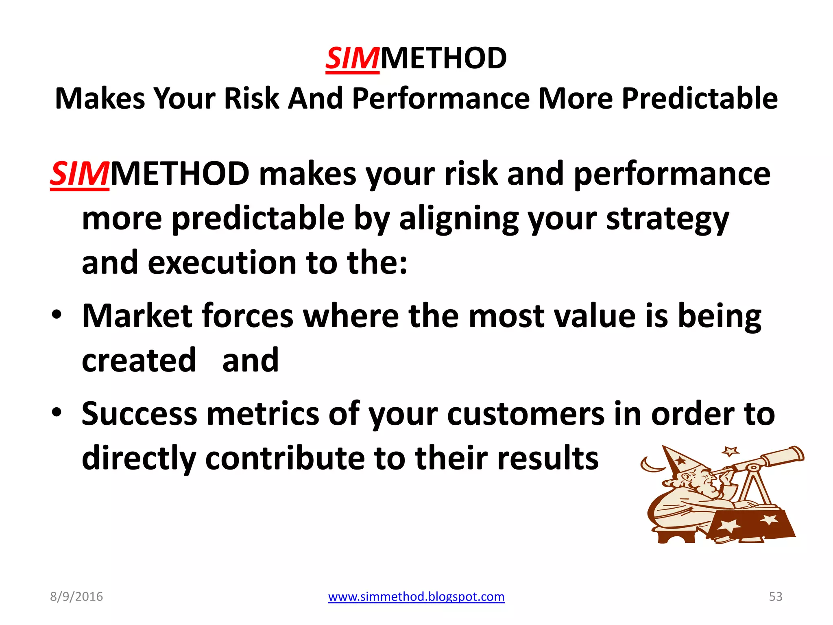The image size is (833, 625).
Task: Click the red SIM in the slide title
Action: tap(352, 59)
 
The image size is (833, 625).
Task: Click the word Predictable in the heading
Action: tap(700, 98)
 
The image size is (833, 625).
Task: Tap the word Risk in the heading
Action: tap(251, 98)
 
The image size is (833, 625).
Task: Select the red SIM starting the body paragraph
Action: tap(79, 174)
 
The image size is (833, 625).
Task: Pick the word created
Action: tap(139, 361)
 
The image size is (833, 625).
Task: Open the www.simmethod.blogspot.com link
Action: tap(416, 597)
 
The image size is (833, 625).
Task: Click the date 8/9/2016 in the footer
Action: tap(76, 597)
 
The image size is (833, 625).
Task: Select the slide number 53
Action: tap(775, 597)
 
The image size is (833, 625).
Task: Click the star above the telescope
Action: tap(730, 451)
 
